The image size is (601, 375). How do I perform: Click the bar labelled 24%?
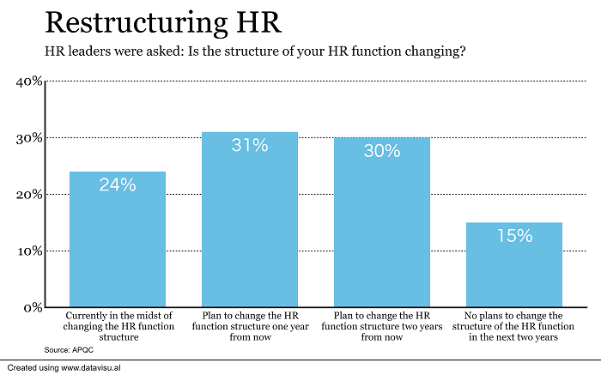[118, 239]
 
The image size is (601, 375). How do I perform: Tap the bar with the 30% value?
[382, 222]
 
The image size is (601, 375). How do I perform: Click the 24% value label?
[118, 184]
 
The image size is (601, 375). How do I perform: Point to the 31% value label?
[250, 145]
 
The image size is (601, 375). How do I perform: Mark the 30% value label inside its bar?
[382, 151]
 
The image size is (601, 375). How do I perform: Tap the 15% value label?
[514, 235]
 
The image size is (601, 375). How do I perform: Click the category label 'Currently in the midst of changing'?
[118, 326]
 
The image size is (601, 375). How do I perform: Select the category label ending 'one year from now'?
[250, 326]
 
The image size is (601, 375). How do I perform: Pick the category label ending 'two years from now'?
[382, 326]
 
